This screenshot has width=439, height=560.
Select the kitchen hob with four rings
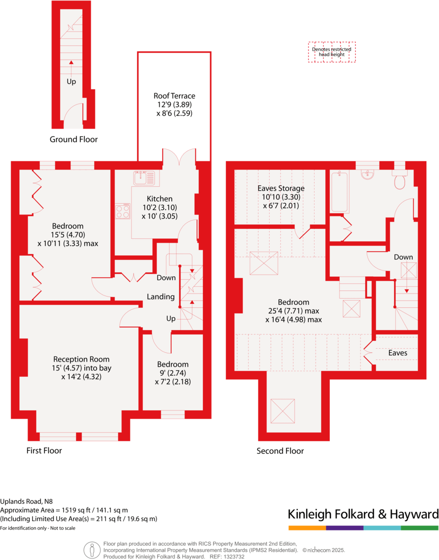pos(123,211)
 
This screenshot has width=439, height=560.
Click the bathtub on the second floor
pos(340,192)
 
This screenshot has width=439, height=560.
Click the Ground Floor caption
pos(73,139)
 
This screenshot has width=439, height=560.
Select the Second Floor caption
pos(280,451)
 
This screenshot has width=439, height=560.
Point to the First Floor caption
pos(44,450)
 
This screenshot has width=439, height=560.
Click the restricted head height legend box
pos(331,52)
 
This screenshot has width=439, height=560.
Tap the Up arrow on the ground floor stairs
pos(71,63)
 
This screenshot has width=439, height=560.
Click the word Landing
pos(161,297)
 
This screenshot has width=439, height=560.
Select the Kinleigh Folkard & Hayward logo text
pos(363,514)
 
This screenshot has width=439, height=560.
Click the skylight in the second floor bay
pos(285,410)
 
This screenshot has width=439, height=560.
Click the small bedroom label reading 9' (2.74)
pos(173,373)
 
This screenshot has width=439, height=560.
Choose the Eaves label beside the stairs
pos(398,353)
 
